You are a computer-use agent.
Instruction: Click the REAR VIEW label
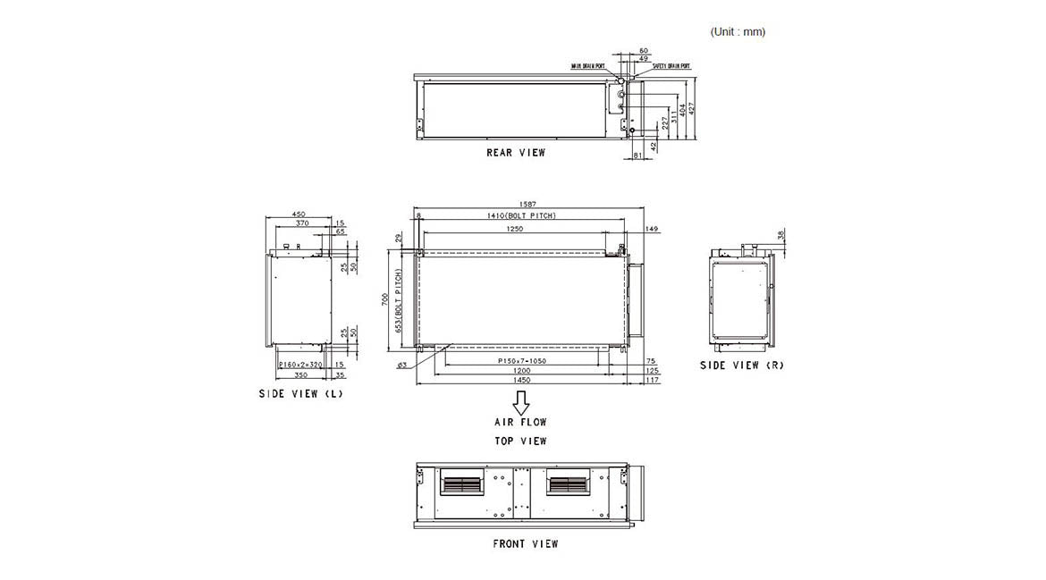tap(515, 153)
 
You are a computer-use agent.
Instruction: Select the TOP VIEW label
tap(520, 441)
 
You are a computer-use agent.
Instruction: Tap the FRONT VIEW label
tap(525, 543)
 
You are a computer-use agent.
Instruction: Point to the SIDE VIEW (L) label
tap(300, 394)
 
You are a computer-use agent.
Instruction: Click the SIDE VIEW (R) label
tap(741, 366)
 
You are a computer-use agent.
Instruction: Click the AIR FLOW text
tap(520, 422)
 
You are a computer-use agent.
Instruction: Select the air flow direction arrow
tap(520, 408)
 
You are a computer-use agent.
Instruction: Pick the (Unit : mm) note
tap(738, 32)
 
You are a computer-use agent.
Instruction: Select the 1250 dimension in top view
tap(514, 229)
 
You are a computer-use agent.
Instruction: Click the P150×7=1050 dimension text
tap(522, 360)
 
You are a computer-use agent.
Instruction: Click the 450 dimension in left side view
tap(299, 214)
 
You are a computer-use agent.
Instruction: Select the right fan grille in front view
tap(569, 485)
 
